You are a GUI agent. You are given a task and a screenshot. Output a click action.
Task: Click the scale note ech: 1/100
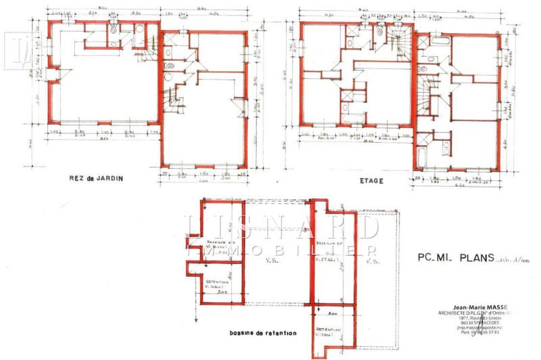[x=513, y=260]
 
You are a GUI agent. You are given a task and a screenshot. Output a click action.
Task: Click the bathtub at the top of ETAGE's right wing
[x=440, y=42]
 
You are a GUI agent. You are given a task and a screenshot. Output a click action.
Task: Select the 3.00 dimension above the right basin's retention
[x=333, y=314]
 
